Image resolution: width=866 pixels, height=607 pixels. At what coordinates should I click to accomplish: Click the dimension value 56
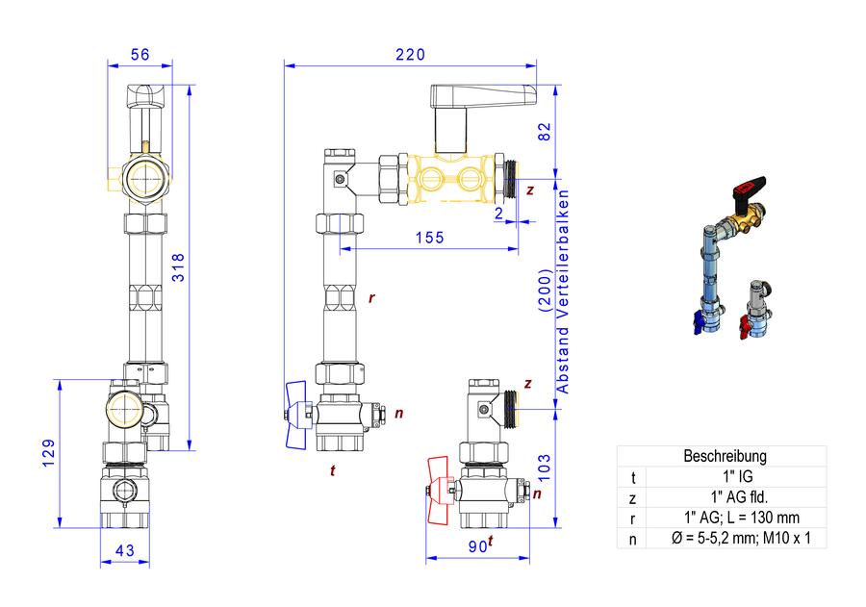point(140,54)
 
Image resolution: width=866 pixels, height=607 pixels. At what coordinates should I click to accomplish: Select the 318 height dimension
point(178,267)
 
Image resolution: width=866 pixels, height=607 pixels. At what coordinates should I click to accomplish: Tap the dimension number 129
point(49,453)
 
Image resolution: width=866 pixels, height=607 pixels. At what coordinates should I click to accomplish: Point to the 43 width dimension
point(125,550)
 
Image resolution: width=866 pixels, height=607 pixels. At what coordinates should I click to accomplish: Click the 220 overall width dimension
point(410,54)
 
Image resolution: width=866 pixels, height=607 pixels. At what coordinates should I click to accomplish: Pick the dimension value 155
point(430,238)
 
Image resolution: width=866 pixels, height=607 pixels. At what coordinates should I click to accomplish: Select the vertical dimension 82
point(545,132)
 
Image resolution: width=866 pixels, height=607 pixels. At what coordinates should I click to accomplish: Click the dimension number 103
point(545,468)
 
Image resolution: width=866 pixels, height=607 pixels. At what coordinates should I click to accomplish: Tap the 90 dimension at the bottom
point(477,546)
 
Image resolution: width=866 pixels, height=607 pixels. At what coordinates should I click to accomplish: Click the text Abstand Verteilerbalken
point(562,291)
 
